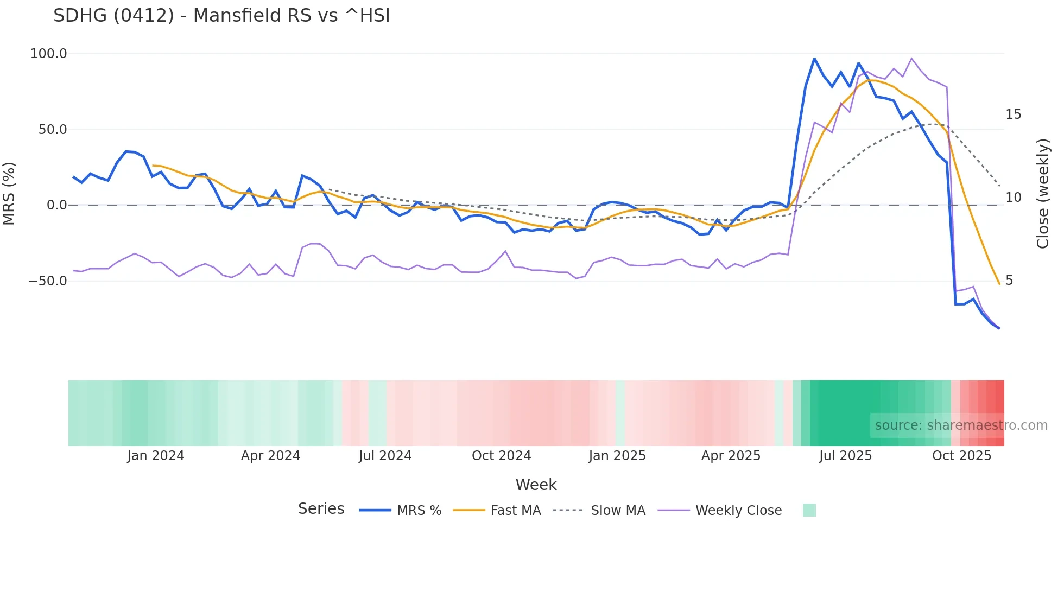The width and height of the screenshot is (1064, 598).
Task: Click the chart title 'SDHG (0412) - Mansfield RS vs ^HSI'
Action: tap(221, 16)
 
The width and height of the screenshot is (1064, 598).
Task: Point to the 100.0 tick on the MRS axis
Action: tap(49, 54)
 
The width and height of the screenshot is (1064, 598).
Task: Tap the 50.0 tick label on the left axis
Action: tap(53, 130)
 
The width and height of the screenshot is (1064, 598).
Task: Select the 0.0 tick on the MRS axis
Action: tap(57, 205)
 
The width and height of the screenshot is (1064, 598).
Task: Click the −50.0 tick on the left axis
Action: tap(48, 281)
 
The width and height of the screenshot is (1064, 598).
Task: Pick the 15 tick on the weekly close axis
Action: tap(1013, 114)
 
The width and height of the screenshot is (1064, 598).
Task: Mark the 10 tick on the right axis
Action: tap(1013, 198)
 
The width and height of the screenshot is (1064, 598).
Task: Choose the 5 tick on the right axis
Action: tap(1009, 281)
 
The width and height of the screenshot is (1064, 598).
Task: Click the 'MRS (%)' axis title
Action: tap(9, 193)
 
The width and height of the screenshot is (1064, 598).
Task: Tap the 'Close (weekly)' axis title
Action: tap(1042, 194)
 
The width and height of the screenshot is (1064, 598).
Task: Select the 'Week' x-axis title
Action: tap(536, 485)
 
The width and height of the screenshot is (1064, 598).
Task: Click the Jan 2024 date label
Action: tap(156, 456)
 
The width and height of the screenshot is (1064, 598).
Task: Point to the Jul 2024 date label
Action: tap(385, 456)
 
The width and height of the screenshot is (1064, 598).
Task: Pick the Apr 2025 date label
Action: tap(731, 456)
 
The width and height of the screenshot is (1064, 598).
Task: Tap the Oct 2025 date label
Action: tap(961, 456)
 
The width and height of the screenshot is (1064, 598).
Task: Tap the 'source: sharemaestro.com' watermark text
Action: tap(961, 425)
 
